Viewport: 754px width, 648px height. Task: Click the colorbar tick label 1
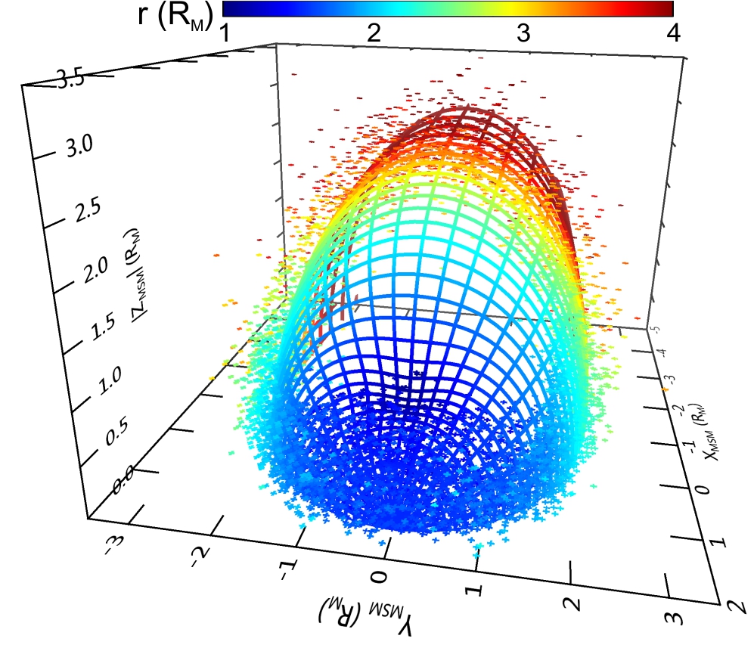coord(225,33)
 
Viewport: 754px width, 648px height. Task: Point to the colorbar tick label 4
coord(669,33)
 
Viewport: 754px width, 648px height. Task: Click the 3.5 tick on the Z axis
coord(73,82)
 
